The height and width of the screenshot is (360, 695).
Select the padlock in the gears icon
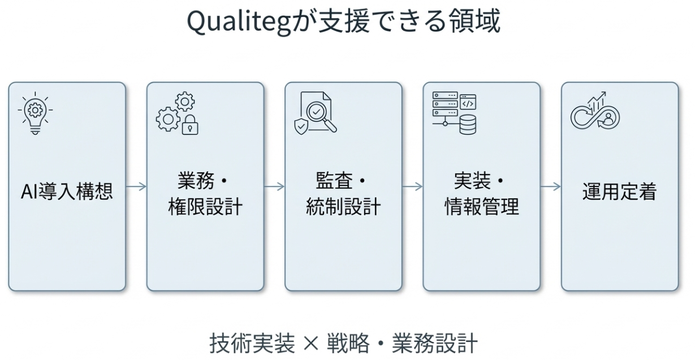(x=190, y=125)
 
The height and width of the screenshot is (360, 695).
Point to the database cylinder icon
(x=468, y=125)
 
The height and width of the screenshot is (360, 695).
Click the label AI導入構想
(x=67, y=192)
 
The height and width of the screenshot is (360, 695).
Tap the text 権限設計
(x=205, y=207)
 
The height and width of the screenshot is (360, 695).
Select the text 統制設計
(x=343, y=207)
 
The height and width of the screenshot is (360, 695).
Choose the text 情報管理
(x=481, y=207)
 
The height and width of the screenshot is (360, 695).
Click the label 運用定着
(x=619, y=192)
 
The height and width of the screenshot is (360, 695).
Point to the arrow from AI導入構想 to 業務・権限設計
(x=136, y=186)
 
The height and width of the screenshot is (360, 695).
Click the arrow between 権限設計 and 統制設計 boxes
(x=274, y=186)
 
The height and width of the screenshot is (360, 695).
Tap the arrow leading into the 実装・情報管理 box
(x=412, y=186)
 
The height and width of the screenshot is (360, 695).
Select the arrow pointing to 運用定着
(x=550, y=186)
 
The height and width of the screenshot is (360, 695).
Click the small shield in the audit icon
(x=301, y=125)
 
